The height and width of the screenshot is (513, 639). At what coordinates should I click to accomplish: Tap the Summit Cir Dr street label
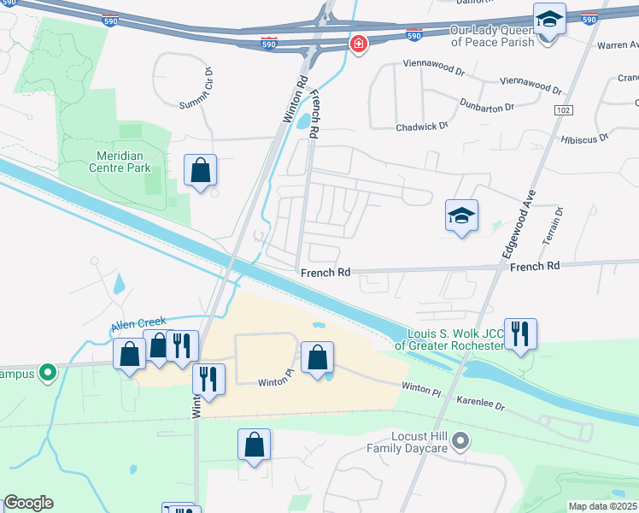click(196, 88)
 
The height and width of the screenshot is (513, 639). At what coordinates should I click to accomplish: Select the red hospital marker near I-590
click(358, 44)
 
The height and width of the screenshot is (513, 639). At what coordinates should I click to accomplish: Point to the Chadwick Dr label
click(422, 127)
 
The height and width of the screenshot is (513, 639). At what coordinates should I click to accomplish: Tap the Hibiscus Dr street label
click(584, 138)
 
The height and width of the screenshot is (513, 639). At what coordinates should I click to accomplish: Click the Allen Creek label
click(136, 327)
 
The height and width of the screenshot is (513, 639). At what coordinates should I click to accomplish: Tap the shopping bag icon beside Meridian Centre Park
click(200, 170)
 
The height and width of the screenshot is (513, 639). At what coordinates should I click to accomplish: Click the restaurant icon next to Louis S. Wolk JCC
click(520, 333)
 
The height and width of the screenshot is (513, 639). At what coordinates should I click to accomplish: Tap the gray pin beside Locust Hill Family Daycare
click(461, 441)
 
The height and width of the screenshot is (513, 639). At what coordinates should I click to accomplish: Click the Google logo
click(28, 503)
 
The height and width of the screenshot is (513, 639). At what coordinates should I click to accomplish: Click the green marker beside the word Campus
click(48, 373)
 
